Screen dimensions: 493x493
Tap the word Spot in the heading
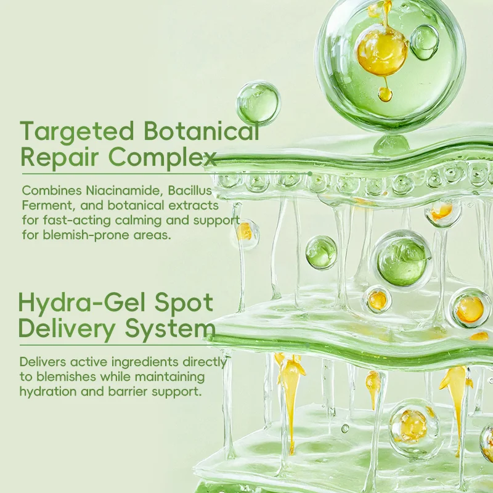click(x=186, y=303)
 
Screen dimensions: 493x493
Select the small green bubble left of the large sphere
click(x=259, y=102)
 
